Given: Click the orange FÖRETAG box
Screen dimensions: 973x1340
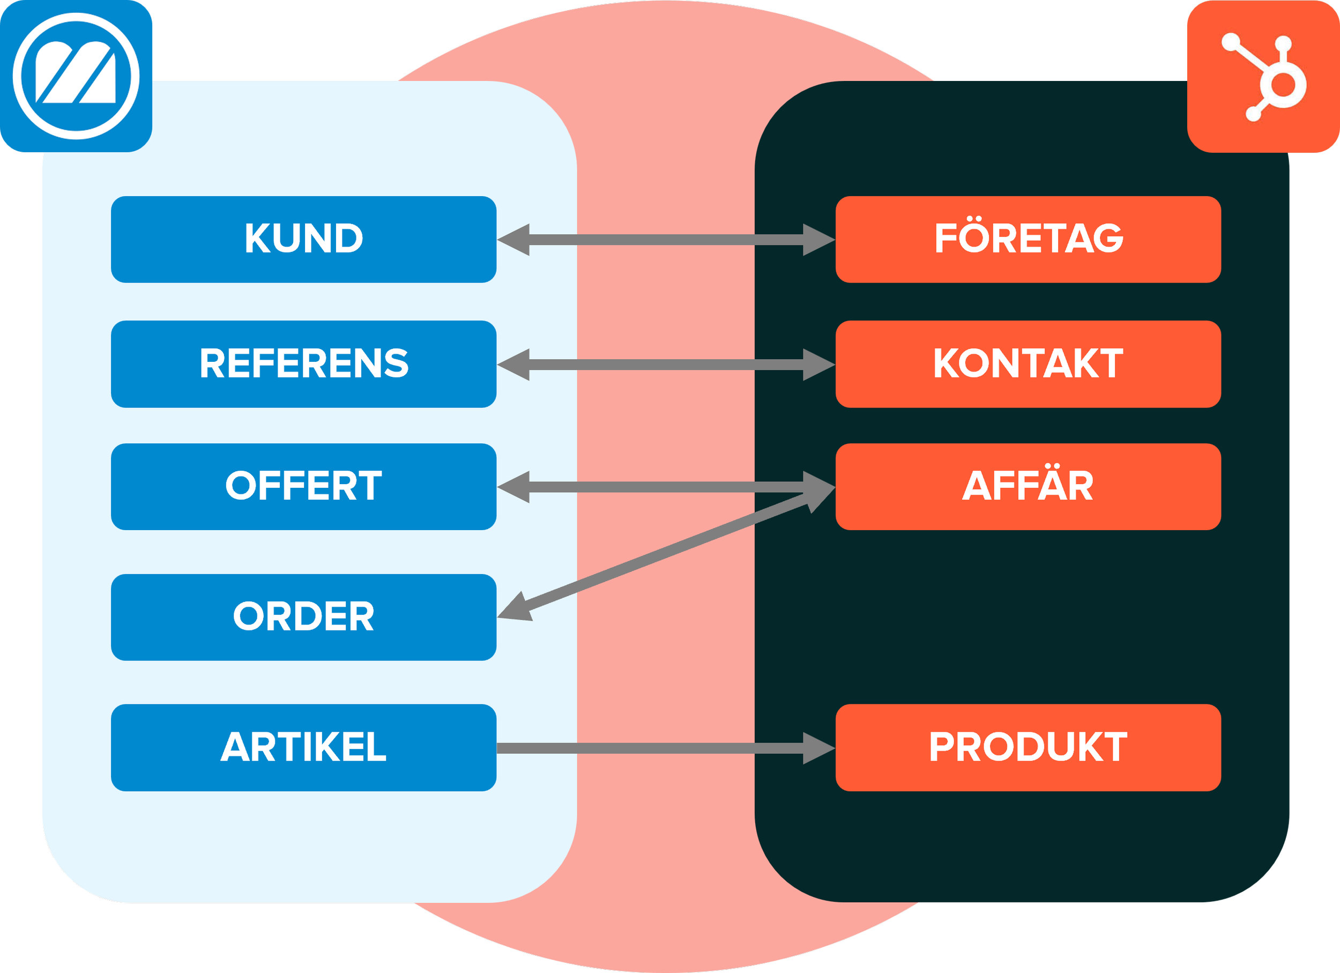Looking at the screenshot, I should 1028,239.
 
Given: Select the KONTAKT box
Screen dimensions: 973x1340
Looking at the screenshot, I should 1028,364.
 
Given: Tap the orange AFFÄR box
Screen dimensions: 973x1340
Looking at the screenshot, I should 1028,486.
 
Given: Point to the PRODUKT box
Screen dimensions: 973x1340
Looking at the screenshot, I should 1028,747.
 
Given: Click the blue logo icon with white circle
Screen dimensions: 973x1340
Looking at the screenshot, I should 76,76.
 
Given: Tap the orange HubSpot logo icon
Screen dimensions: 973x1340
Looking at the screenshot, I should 1263,77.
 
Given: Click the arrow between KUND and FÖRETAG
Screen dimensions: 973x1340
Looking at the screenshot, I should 666,240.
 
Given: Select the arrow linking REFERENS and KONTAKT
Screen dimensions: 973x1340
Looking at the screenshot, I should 666,365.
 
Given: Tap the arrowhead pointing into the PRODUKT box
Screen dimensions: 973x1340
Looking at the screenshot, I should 818,748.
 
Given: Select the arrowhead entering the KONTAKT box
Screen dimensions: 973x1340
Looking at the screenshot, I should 818,365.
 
